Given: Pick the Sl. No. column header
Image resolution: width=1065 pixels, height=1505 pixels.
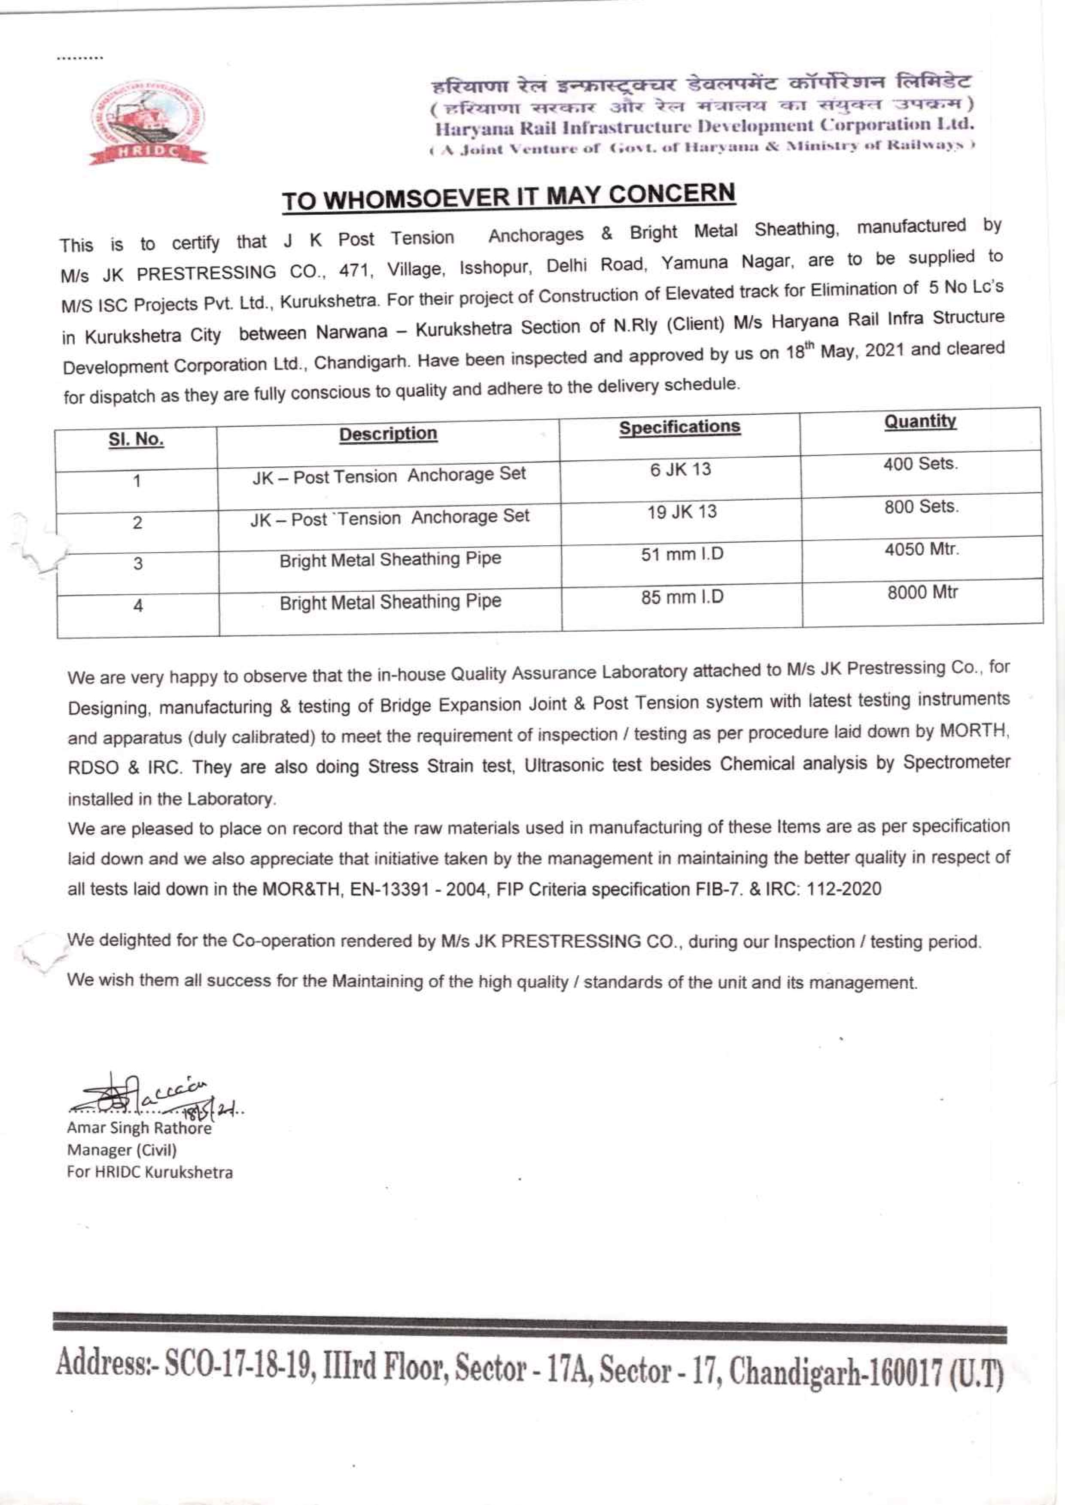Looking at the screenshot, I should coord(136,439).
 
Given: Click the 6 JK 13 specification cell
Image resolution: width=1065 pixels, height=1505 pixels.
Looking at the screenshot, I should coord(680,469).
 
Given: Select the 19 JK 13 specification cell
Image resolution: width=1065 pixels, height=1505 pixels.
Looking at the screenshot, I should coord(682,512).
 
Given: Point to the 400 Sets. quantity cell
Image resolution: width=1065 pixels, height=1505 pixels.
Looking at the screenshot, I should coord(920,464).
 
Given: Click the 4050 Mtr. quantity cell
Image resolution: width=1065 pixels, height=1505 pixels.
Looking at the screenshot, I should coord(922,550).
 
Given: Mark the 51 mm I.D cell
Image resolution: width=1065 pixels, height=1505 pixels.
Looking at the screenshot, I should coord(682,555).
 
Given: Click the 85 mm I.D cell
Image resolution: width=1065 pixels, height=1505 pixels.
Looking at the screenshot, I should coord(682,597).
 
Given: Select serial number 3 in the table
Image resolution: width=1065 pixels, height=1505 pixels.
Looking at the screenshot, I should coord(138,564).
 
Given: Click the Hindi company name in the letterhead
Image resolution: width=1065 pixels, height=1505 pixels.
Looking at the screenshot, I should coord(700,84).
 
